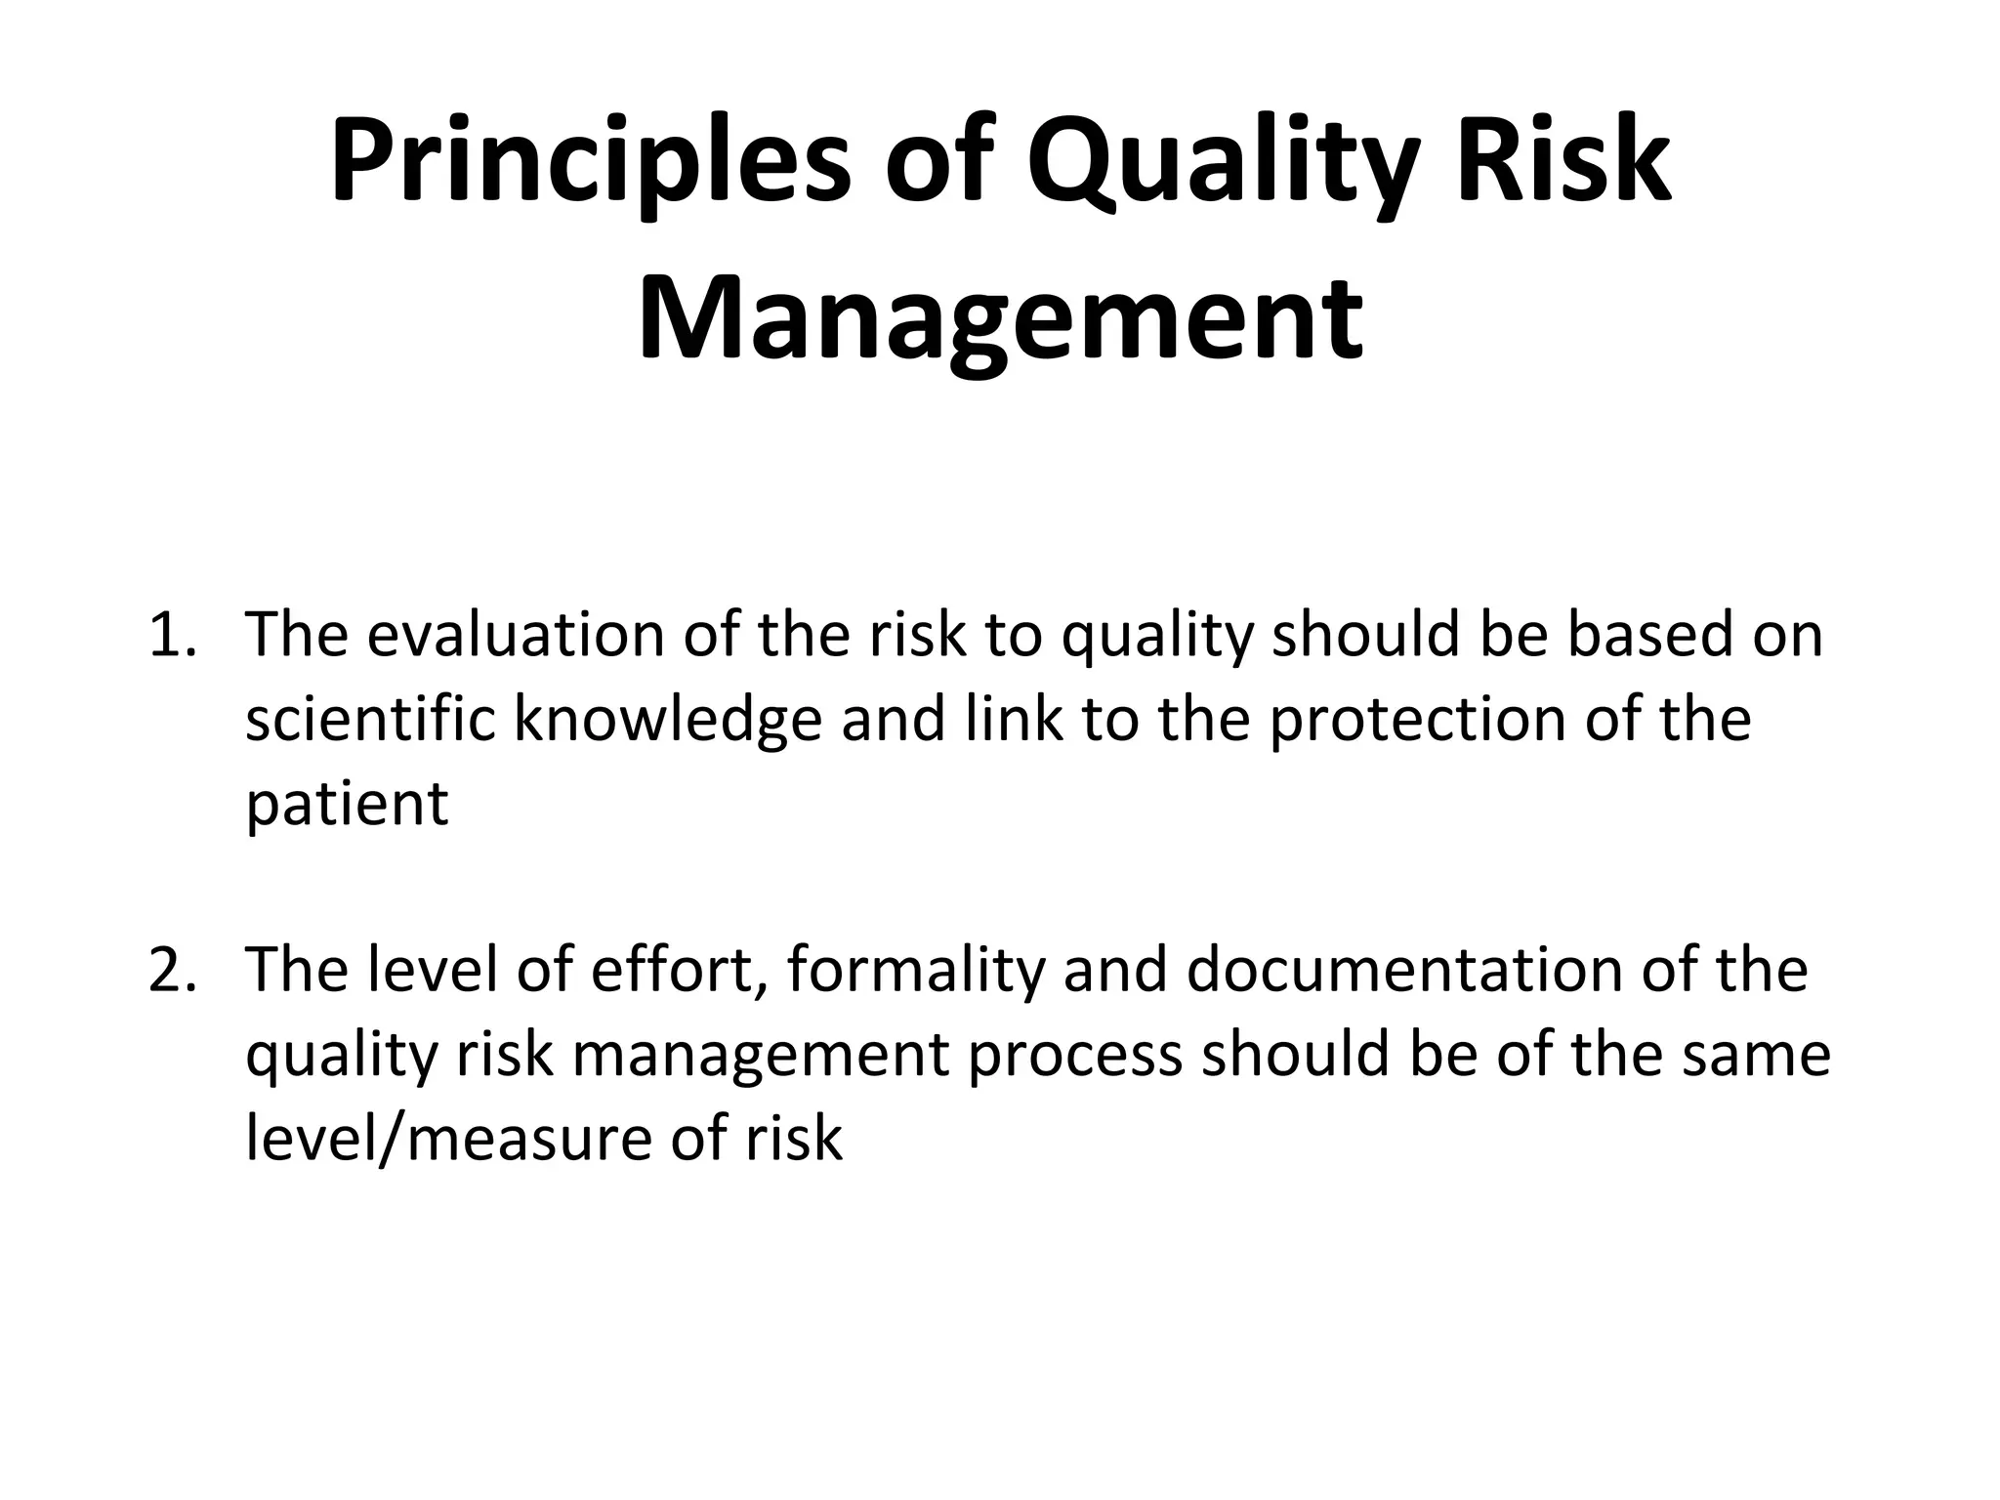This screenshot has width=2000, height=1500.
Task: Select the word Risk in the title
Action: pos(1562,160)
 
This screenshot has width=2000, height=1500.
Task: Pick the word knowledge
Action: pos(668,720)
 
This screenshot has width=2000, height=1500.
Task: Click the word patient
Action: pos(347,804)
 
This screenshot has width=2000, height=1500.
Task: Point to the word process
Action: pos(1075,1056)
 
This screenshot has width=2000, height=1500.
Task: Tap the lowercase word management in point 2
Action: pos(762,1056)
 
